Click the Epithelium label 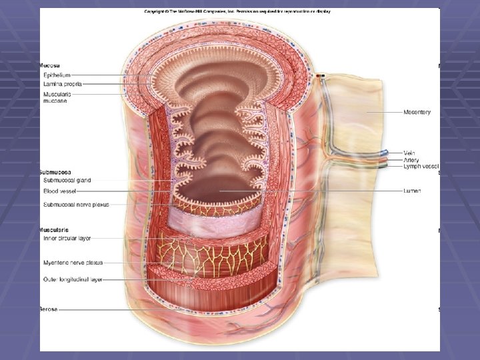coord(56,75)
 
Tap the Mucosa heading coord(50,66)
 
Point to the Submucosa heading coord(55,172)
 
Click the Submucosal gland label coord(67,181)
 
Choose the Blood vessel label coord(60,191)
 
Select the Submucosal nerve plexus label coord(75,204)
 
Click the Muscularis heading coord(54,229)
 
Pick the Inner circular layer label coord(67,238)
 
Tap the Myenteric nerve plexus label coord(73,263)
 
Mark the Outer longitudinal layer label coord(73,280)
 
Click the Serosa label coord(49,309)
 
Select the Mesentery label coord(417,112)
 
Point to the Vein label coord(409,153)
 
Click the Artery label coord(411,160)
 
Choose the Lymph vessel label coord(421,167)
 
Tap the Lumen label coord(412,191)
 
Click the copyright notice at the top coord(237,11)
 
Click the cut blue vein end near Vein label coord(385,153)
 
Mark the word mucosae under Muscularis coord(55,101)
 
